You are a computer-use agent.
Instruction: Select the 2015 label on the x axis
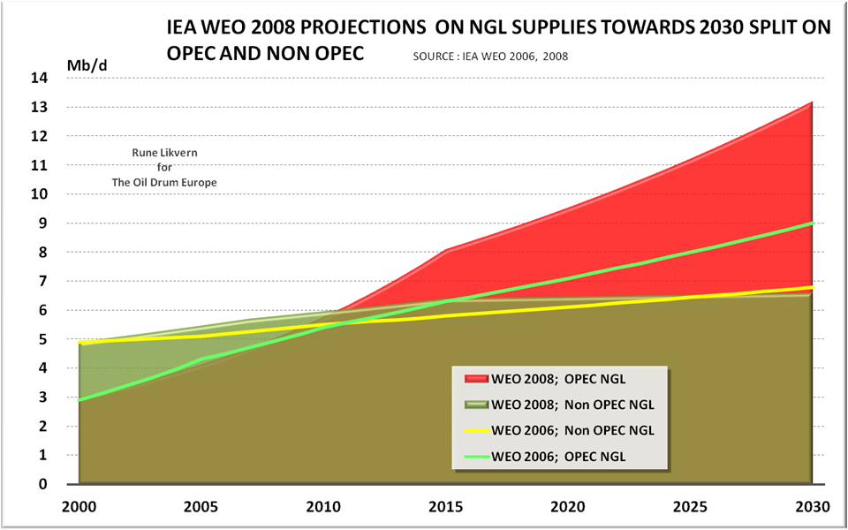click(x=444, y=507)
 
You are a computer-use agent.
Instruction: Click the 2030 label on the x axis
click(x=812, y=507)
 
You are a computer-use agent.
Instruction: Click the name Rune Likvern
click(x=165, y=153)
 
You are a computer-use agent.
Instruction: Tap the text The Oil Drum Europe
click(x=165, y=181)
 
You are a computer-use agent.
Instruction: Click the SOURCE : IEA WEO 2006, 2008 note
click(x=489, y=57)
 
